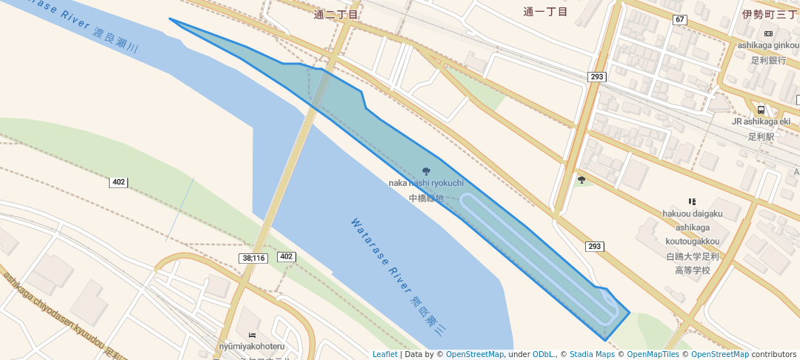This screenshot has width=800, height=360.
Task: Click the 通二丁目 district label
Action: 336,14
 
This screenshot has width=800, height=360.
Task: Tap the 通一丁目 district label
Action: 545,11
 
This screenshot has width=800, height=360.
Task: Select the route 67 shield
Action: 679,19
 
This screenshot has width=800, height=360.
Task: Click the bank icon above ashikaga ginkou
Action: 767,33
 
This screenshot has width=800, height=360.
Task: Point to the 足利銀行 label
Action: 767,60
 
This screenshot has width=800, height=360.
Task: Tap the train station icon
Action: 761,110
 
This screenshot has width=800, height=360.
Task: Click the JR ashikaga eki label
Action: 761,121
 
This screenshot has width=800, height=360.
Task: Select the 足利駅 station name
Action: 761,137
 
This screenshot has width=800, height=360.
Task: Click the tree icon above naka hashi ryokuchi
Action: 426,172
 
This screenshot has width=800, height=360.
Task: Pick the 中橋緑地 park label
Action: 426,199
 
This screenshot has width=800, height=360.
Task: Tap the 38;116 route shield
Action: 253,258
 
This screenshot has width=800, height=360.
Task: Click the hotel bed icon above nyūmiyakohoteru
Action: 252,335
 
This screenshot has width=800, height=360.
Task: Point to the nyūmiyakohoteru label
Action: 252,346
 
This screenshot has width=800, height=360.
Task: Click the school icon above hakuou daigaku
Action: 693,201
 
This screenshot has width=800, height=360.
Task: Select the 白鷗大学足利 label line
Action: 693,256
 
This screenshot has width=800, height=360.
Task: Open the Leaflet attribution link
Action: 384,354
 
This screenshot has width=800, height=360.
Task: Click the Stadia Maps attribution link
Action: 591,354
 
